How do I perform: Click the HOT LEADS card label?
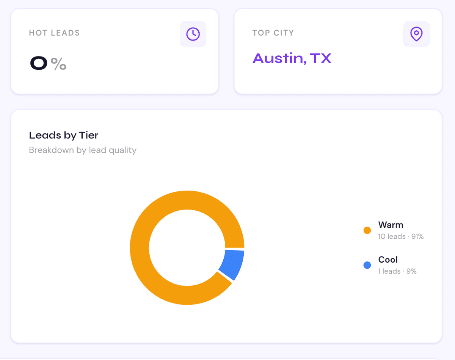(x=54, y=33)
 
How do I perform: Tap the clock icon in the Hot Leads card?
(x=193, y=34)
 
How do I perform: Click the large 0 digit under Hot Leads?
(x=39, y=64)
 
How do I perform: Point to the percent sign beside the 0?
(x=59, y=64)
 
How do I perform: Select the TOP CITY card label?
(x=273, y=33)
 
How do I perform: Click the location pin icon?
(x=416, y=34)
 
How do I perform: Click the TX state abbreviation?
(x=321, y=58)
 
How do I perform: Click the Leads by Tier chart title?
(x=64, y=135)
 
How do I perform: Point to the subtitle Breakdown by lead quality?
(x=83, y=150)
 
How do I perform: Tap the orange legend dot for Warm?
(x=367, y=230)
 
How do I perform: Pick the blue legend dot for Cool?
(x=367, y=265)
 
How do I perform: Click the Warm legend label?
(x=391, y=225)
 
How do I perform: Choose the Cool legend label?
(x=388, y=260)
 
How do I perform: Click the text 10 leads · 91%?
(x=401, y=236)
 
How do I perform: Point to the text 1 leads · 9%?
(x=397, y=271)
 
